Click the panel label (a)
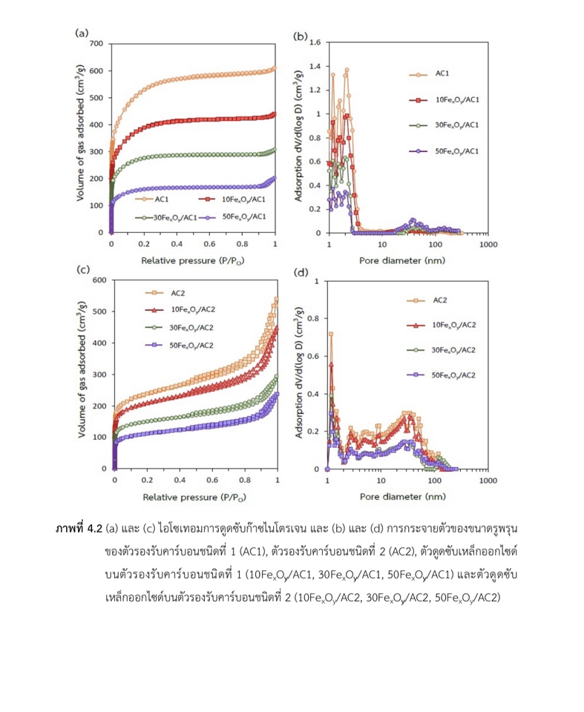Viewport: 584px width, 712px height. point(82,33)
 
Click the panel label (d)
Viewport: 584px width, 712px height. point(301,272)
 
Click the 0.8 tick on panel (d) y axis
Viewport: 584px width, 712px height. point(314,319)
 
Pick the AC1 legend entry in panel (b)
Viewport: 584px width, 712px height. point(443,74)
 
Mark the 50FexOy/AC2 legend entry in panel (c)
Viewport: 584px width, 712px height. point(191,345)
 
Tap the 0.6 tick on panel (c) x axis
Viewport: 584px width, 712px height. point(212,480)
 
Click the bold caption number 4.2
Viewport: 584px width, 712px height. point(93,528)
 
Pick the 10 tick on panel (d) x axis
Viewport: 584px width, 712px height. point(380,480)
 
